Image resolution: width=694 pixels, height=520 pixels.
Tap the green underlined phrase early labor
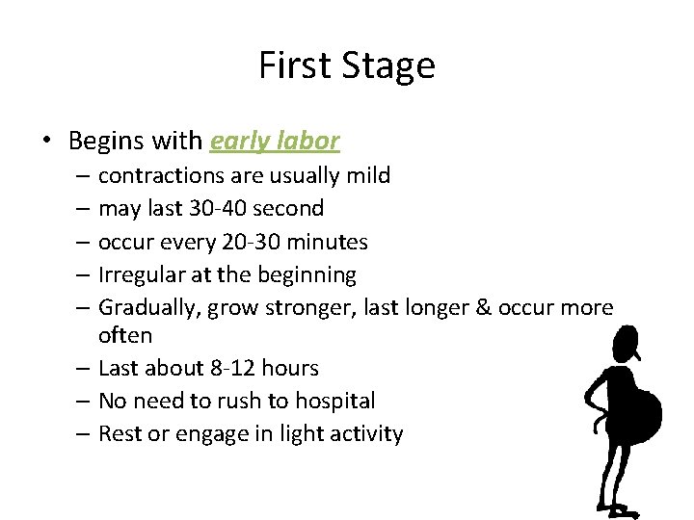pyautogui.click(x=275, y=141)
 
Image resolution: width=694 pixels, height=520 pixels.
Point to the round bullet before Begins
pyautogui.click(x=45, y=142)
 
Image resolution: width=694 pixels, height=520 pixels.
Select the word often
pyautogui.click(x=125, y=335)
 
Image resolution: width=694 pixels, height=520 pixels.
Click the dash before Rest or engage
pyautogui.click(x=84, y=433)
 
